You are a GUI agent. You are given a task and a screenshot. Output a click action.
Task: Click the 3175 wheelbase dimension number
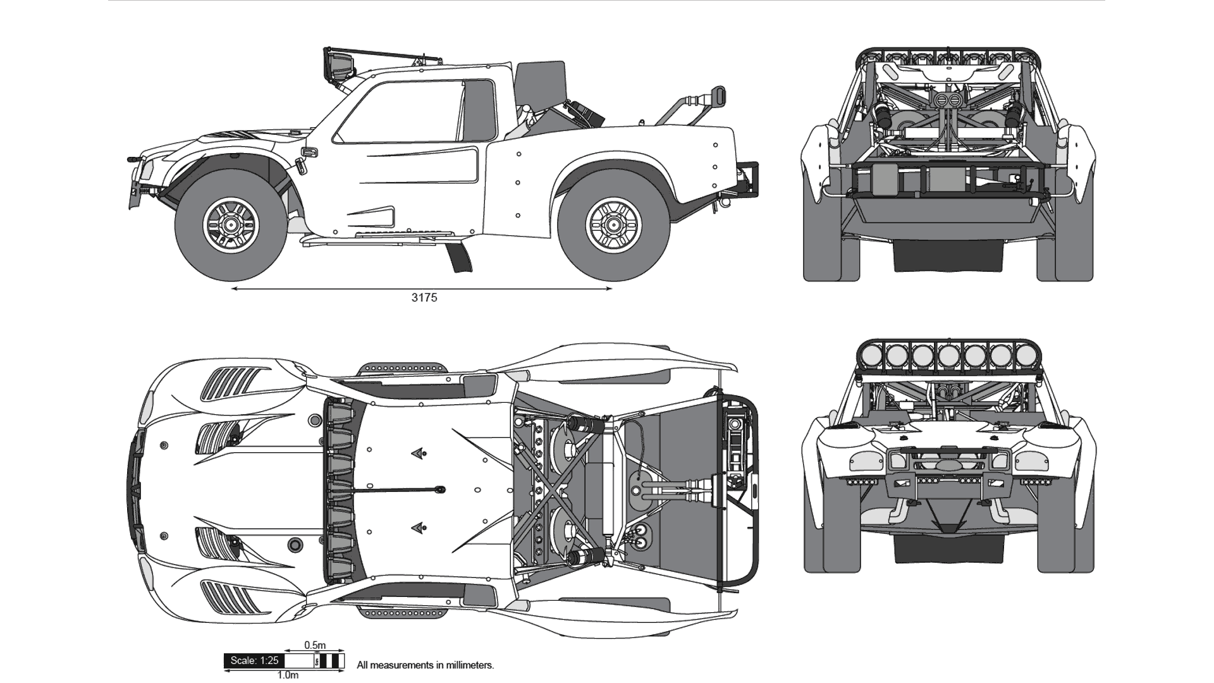pyautogui.click(x=424, y=298)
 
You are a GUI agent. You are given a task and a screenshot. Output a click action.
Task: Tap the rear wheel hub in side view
pyautogui.click(x=611, y=224)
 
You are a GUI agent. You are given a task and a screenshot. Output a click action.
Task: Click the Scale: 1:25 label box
pyautogui.click(x=254, y=661)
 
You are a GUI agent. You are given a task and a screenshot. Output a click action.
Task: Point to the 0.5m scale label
pyautogui.click(x=315, y=645)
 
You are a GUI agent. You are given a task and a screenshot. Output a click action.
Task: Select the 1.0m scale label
pyautogui.click(x=288, y=675)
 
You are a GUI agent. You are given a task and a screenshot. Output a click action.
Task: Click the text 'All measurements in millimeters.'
pyautogui.click(x=425, y=665)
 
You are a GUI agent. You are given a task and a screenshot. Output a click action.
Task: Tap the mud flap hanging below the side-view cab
pyautogui.click(x=460, y=255)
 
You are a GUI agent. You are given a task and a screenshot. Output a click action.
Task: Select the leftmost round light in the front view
pyautogui.click(x=871, y=355)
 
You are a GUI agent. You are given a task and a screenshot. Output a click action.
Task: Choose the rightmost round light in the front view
pyautogui.click(x=1026, y=355)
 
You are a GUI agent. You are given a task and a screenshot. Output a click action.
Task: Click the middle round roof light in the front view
pyautogui.click(x=948, y=355)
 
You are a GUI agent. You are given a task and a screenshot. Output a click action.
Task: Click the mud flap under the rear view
pyautogui.click(x=948, y=256)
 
